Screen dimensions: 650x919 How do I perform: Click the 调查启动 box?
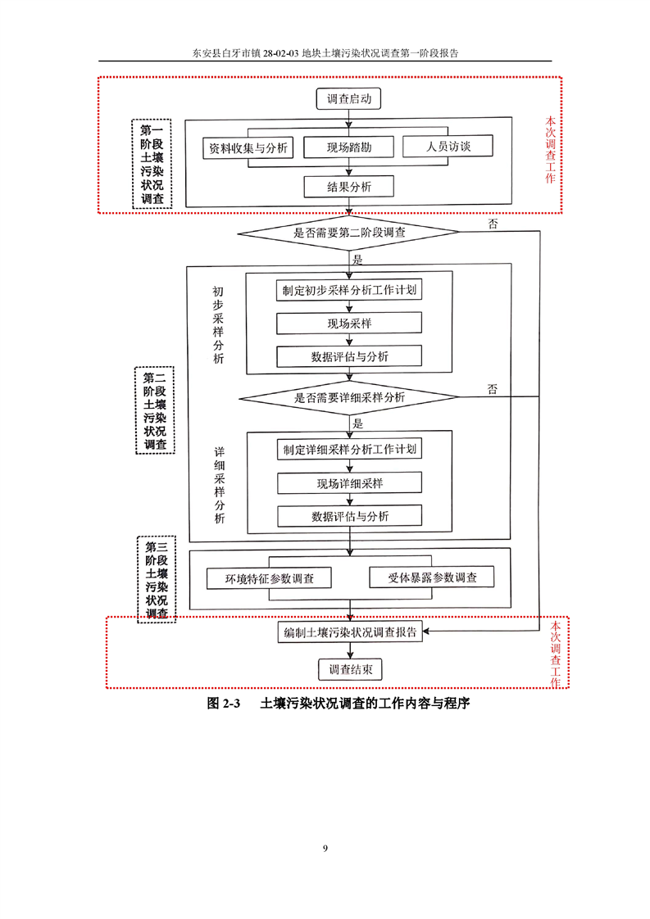(348, 98)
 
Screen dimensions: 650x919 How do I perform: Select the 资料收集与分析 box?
(248, 147)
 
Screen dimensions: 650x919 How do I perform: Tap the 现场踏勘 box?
(348, 147)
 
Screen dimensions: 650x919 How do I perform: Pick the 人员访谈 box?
(448, 146)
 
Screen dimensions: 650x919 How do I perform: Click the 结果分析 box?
(348, 187)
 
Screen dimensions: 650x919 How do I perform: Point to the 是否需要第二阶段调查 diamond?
(348, 233)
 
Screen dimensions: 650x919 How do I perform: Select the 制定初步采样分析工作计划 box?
(349, 290)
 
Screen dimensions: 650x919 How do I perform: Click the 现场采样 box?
(349, 323)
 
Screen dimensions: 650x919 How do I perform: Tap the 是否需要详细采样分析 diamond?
(349, 397)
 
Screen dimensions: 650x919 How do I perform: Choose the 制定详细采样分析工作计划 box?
(350, 450)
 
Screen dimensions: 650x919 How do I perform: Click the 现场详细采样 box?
(350, 483)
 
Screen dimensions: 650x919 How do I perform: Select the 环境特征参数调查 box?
(270, 578)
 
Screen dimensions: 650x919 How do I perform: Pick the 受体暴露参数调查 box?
(432, 577)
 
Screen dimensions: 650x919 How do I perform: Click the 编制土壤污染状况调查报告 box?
(350, 632)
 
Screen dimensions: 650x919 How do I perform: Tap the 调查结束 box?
(350, 669)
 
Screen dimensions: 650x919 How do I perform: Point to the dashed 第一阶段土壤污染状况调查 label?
(152, 164)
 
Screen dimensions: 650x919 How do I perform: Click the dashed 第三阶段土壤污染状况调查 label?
(157, 580)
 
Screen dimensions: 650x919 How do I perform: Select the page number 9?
(325, 848)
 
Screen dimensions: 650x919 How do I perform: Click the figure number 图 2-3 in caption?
(224, 704)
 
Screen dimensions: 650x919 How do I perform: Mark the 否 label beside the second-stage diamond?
(493, 224)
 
